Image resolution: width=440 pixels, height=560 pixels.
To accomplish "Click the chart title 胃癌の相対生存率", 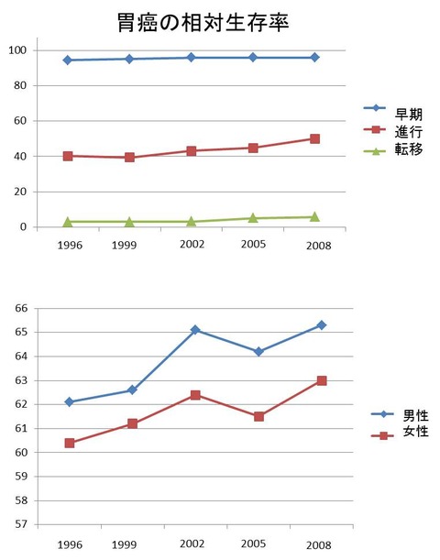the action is [203, 23].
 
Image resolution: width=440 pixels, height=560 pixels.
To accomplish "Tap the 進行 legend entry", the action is [393, 131].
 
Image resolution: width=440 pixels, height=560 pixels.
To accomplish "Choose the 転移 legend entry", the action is [393, 149].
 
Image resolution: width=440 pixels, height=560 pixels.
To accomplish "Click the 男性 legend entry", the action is [400, 415].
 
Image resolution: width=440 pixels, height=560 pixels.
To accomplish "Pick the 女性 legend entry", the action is [400, 432].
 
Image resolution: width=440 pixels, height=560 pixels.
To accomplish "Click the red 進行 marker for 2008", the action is [314, 138].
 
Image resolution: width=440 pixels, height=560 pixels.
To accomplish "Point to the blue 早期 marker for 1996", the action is [68, 60].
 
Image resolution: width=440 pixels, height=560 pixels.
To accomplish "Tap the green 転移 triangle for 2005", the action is [253, 217].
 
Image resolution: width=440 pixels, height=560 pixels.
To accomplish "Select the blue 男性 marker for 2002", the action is [195, 330].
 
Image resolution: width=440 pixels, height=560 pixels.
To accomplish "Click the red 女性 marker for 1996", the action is [70, 444].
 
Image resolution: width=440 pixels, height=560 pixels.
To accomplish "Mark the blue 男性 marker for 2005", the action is [258, 351].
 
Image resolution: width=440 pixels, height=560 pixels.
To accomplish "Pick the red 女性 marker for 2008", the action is [322, 380].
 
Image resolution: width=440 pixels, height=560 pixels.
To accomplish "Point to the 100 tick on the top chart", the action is [17, 50].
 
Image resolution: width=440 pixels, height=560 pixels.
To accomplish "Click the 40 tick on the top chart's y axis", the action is [20, 157].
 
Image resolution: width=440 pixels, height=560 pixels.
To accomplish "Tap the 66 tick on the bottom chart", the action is [21, 308].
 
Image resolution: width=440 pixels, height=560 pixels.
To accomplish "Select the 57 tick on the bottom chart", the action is [21, 524].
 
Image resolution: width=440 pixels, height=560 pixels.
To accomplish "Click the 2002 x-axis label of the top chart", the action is [192, 245].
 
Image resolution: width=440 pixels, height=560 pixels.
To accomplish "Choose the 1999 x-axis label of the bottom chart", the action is [125, 544].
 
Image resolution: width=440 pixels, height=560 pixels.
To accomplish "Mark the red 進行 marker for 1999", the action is [129, 157].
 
